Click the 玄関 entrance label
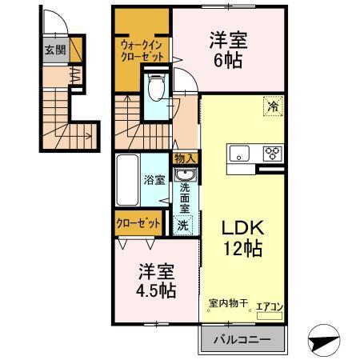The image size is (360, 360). (x=54, y=50)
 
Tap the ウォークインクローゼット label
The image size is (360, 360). (x=142, y=50)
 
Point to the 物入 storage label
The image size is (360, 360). (x=185, y=159)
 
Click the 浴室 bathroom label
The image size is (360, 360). (x=154, y=180)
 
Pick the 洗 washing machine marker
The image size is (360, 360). (x=183, y=226)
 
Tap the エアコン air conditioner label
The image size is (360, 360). (x=269, y=306)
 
